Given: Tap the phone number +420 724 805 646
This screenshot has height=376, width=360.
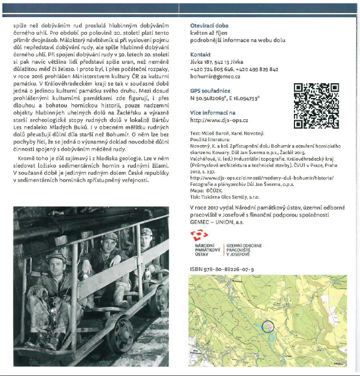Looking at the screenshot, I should tap(212, 69).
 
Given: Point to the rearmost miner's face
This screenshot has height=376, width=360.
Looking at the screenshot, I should tap(146, 240).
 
